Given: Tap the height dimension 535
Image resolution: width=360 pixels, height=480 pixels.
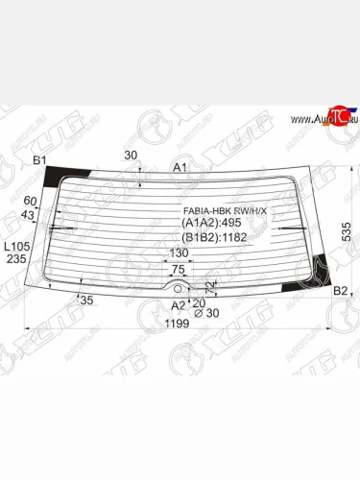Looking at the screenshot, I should (x=347, y=229).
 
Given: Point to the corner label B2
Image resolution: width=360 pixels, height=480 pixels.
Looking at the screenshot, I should (x=340, y=290).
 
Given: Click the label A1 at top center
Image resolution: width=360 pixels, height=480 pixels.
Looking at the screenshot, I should (x=180, y=168).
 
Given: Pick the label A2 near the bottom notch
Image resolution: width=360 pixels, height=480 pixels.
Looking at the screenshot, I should (x=178, y=305).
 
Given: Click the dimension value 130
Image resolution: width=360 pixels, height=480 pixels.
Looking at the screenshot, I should (x=179, y=253).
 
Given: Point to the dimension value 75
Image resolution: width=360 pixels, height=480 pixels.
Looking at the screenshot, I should (x=179, y=270).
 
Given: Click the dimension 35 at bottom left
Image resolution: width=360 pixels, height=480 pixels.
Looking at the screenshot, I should (x=87, y=300).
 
